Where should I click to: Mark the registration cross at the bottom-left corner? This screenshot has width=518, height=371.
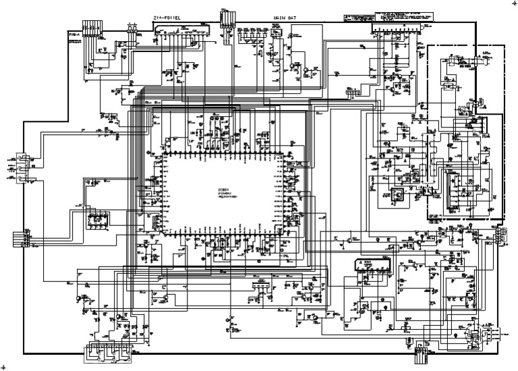(x=3, y=366)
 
